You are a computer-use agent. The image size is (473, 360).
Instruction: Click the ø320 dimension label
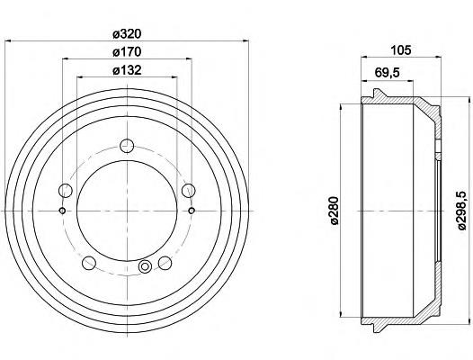[127, 34]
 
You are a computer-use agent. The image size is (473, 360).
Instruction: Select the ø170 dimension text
[127, 52]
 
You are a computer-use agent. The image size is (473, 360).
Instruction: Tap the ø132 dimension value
[127, 70]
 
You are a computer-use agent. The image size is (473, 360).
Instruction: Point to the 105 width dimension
[401, 50]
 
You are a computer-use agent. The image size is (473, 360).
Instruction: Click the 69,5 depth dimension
[387, 73]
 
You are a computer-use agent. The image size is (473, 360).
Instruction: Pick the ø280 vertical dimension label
[335, 211]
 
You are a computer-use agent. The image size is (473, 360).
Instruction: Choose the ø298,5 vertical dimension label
[462, 211]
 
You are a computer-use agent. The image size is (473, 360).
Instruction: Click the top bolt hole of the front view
[127, 146]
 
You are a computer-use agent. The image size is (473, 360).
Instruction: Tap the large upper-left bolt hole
[65, 191]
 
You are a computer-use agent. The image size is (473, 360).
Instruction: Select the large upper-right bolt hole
[189, 190]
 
